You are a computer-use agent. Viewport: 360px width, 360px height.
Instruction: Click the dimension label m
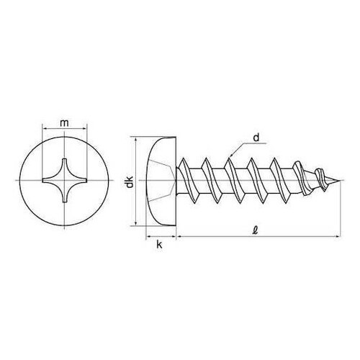[64, 123]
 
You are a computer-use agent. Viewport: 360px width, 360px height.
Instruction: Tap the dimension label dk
[130, 182]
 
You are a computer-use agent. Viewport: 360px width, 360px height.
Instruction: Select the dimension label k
[159, 245]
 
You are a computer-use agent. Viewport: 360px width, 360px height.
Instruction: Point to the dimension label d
[256, 138]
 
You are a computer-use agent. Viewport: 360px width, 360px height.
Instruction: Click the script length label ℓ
[256, 230]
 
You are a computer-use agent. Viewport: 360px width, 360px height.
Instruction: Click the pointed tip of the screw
[340, 181]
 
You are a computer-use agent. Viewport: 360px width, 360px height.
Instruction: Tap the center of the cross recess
[64, 181]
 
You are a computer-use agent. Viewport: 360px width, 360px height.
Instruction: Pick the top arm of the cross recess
[64, 166]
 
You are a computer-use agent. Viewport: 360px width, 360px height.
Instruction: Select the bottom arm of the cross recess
[64, 195]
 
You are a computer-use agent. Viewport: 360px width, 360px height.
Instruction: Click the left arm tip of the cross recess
[43, 181]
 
